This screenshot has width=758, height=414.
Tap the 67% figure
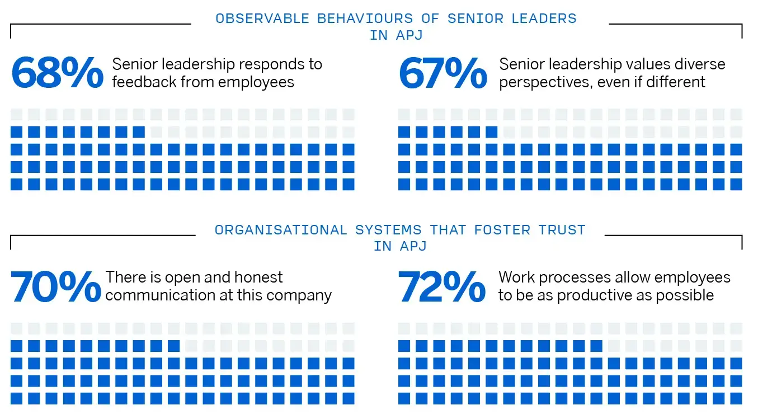[443, 73]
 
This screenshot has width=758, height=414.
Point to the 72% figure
[442, 286]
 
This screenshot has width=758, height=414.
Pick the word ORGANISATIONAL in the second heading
[281, 230]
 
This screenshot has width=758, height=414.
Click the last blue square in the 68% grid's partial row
[139, 132]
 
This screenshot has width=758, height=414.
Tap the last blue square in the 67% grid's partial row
[491, 132]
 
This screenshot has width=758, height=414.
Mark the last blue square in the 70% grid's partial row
[173, 346]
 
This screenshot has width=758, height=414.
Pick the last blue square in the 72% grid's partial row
[596, 346]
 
